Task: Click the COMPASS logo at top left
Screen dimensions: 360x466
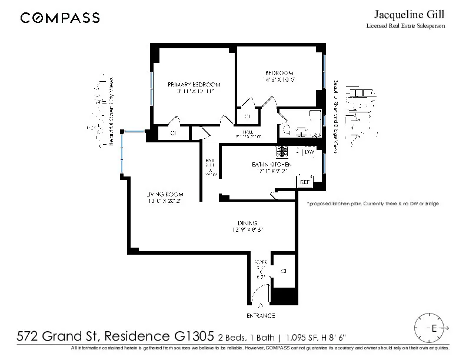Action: [59, 18]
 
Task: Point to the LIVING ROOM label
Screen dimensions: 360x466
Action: [165, 194]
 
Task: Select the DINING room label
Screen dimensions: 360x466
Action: [246, 222]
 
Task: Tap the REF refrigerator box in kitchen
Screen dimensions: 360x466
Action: [305, 182]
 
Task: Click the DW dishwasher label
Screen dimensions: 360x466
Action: [309, 152]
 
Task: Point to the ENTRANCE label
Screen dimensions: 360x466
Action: [262, 316]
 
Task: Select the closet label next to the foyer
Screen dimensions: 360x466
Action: [283, 271]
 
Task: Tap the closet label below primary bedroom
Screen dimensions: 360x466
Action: [174, 133]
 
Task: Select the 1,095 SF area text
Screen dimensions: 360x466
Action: [303, 338]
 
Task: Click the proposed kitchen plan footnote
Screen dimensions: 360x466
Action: [373, 204]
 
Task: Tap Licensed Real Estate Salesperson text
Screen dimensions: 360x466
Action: [406, 26]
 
